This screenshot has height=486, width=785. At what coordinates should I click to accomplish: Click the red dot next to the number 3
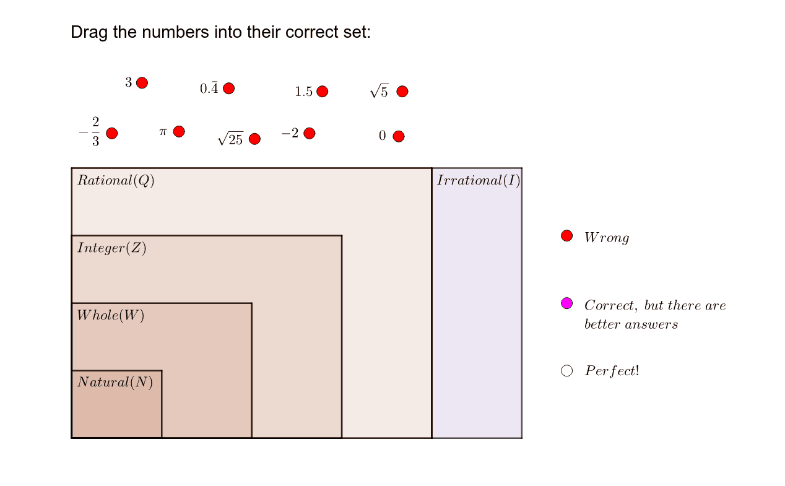[142, 83]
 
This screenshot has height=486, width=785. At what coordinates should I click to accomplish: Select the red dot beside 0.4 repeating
[228, 89]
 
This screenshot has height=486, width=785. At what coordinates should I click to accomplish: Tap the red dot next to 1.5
[322, 92]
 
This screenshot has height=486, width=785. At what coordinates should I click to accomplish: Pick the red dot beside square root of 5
[402, 92]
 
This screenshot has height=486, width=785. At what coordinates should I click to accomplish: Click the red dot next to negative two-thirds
[112, 133]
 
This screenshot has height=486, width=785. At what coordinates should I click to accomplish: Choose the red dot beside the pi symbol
[179, 131]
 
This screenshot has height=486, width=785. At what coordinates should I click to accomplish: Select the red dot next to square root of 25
[254, 139]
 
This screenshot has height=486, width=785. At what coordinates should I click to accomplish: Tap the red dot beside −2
[309, 133]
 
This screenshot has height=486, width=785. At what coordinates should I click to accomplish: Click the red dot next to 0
[399, 136]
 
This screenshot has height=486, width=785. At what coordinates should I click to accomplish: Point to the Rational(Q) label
[116, 180]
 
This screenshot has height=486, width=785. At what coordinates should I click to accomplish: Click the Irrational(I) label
[479, 180]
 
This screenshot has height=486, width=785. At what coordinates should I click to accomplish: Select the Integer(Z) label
[112, 248]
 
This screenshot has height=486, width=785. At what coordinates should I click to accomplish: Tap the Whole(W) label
[110, 315]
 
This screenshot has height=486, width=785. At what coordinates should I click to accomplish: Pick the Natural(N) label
[115, 382]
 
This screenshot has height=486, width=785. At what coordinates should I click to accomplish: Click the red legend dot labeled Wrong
[566, 236]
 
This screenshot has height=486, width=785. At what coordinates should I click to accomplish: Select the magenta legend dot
[566, 303]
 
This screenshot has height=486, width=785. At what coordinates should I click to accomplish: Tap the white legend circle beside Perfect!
[566, 371]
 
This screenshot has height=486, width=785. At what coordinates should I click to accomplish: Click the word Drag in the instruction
[89, 33]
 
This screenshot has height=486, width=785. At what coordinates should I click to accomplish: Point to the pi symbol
[163, 131]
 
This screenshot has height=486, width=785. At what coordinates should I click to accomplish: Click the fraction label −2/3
[90, 131]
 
